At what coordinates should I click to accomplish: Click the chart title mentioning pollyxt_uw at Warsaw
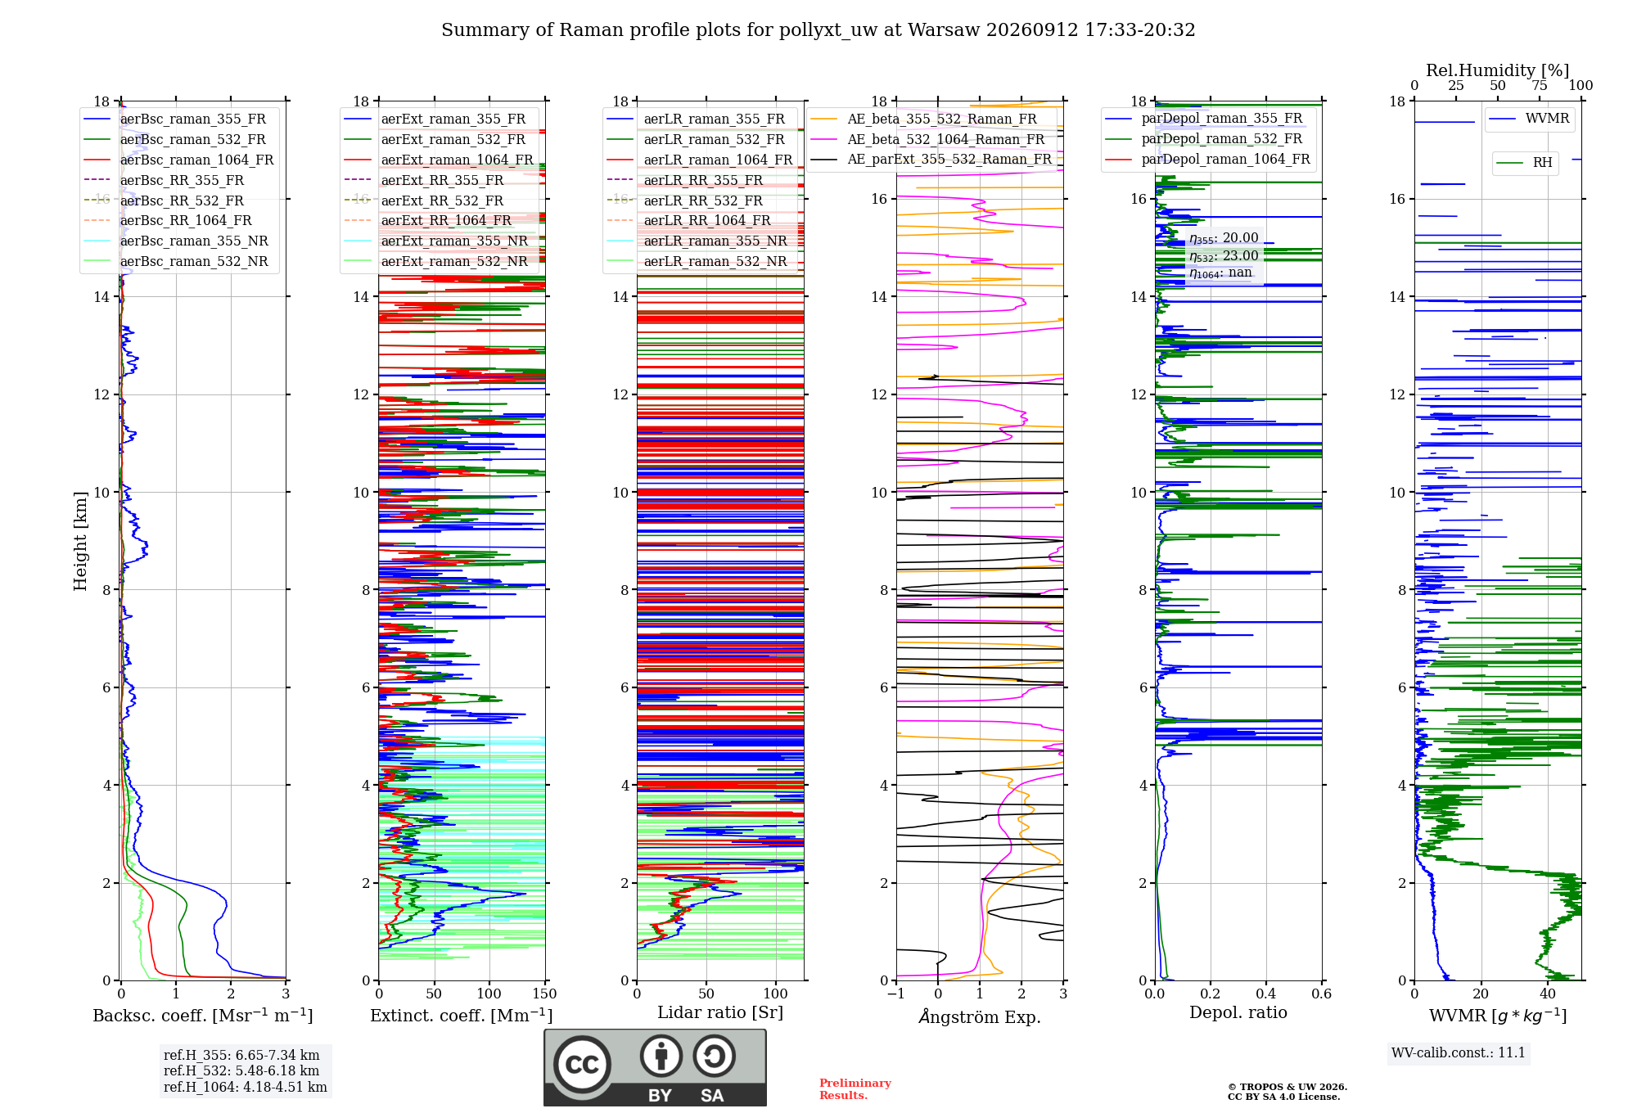818,30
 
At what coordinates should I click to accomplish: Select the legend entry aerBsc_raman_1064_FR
196,160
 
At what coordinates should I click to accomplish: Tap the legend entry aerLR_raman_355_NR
715,241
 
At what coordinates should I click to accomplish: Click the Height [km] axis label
80,541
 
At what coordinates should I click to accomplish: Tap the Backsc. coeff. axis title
203,1016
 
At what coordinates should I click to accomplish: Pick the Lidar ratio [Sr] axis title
720,1013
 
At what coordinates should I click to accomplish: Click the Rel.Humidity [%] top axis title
1498,70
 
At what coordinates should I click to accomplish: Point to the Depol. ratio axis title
1238,1013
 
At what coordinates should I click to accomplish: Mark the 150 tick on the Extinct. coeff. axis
544,994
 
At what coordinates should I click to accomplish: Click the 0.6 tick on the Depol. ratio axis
1322,994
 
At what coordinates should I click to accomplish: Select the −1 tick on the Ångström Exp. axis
896,994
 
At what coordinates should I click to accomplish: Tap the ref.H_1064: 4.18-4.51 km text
246,1088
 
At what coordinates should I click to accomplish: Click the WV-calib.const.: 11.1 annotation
1459,1053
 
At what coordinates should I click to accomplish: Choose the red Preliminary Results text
855,1089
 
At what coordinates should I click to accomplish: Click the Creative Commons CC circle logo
582,1065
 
